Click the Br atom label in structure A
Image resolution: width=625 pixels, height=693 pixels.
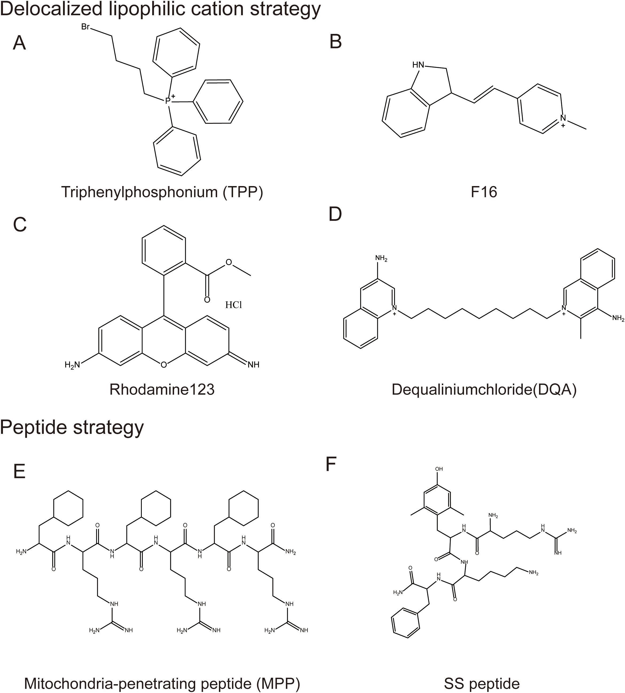coord(85,27)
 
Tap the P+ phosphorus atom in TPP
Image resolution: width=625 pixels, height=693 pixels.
coord(168,101)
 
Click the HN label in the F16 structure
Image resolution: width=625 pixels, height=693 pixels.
coord(418,65)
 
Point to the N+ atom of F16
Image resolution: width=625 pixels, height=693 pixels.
coord(563,119)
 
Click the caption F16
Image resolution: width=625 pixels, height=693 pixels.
coord(484,192)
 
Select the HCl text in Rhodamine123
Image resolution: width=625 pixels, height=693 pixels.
coord(234,305)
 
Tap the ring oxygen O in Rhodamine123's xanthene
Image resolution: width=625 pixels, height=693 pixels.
coord(163,365)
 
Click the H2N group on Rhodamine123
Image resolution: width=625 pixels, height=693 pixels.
coord(72,365)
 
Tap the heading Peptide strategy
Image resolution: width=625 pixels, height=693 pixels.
coord(72,428)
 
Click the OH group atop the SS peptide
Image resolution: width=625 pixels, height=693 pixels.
coord(439,469)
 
